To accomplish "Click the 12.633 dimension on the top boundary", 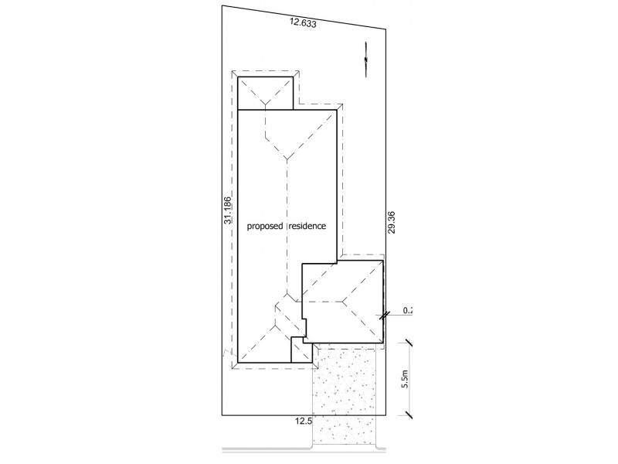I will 304,24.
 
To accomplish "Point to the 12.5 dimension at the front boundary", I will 303,421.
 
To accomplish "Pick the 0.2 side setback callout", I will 409,312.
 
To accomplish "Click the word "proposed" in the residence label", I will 265,227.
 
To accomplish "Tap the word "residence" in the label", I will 307,227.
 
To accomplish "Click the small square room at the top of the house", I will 265,92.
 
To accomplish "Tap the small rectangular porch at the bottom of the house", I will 301,350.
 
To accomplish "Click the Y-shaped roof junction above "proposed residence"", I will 287,159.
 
